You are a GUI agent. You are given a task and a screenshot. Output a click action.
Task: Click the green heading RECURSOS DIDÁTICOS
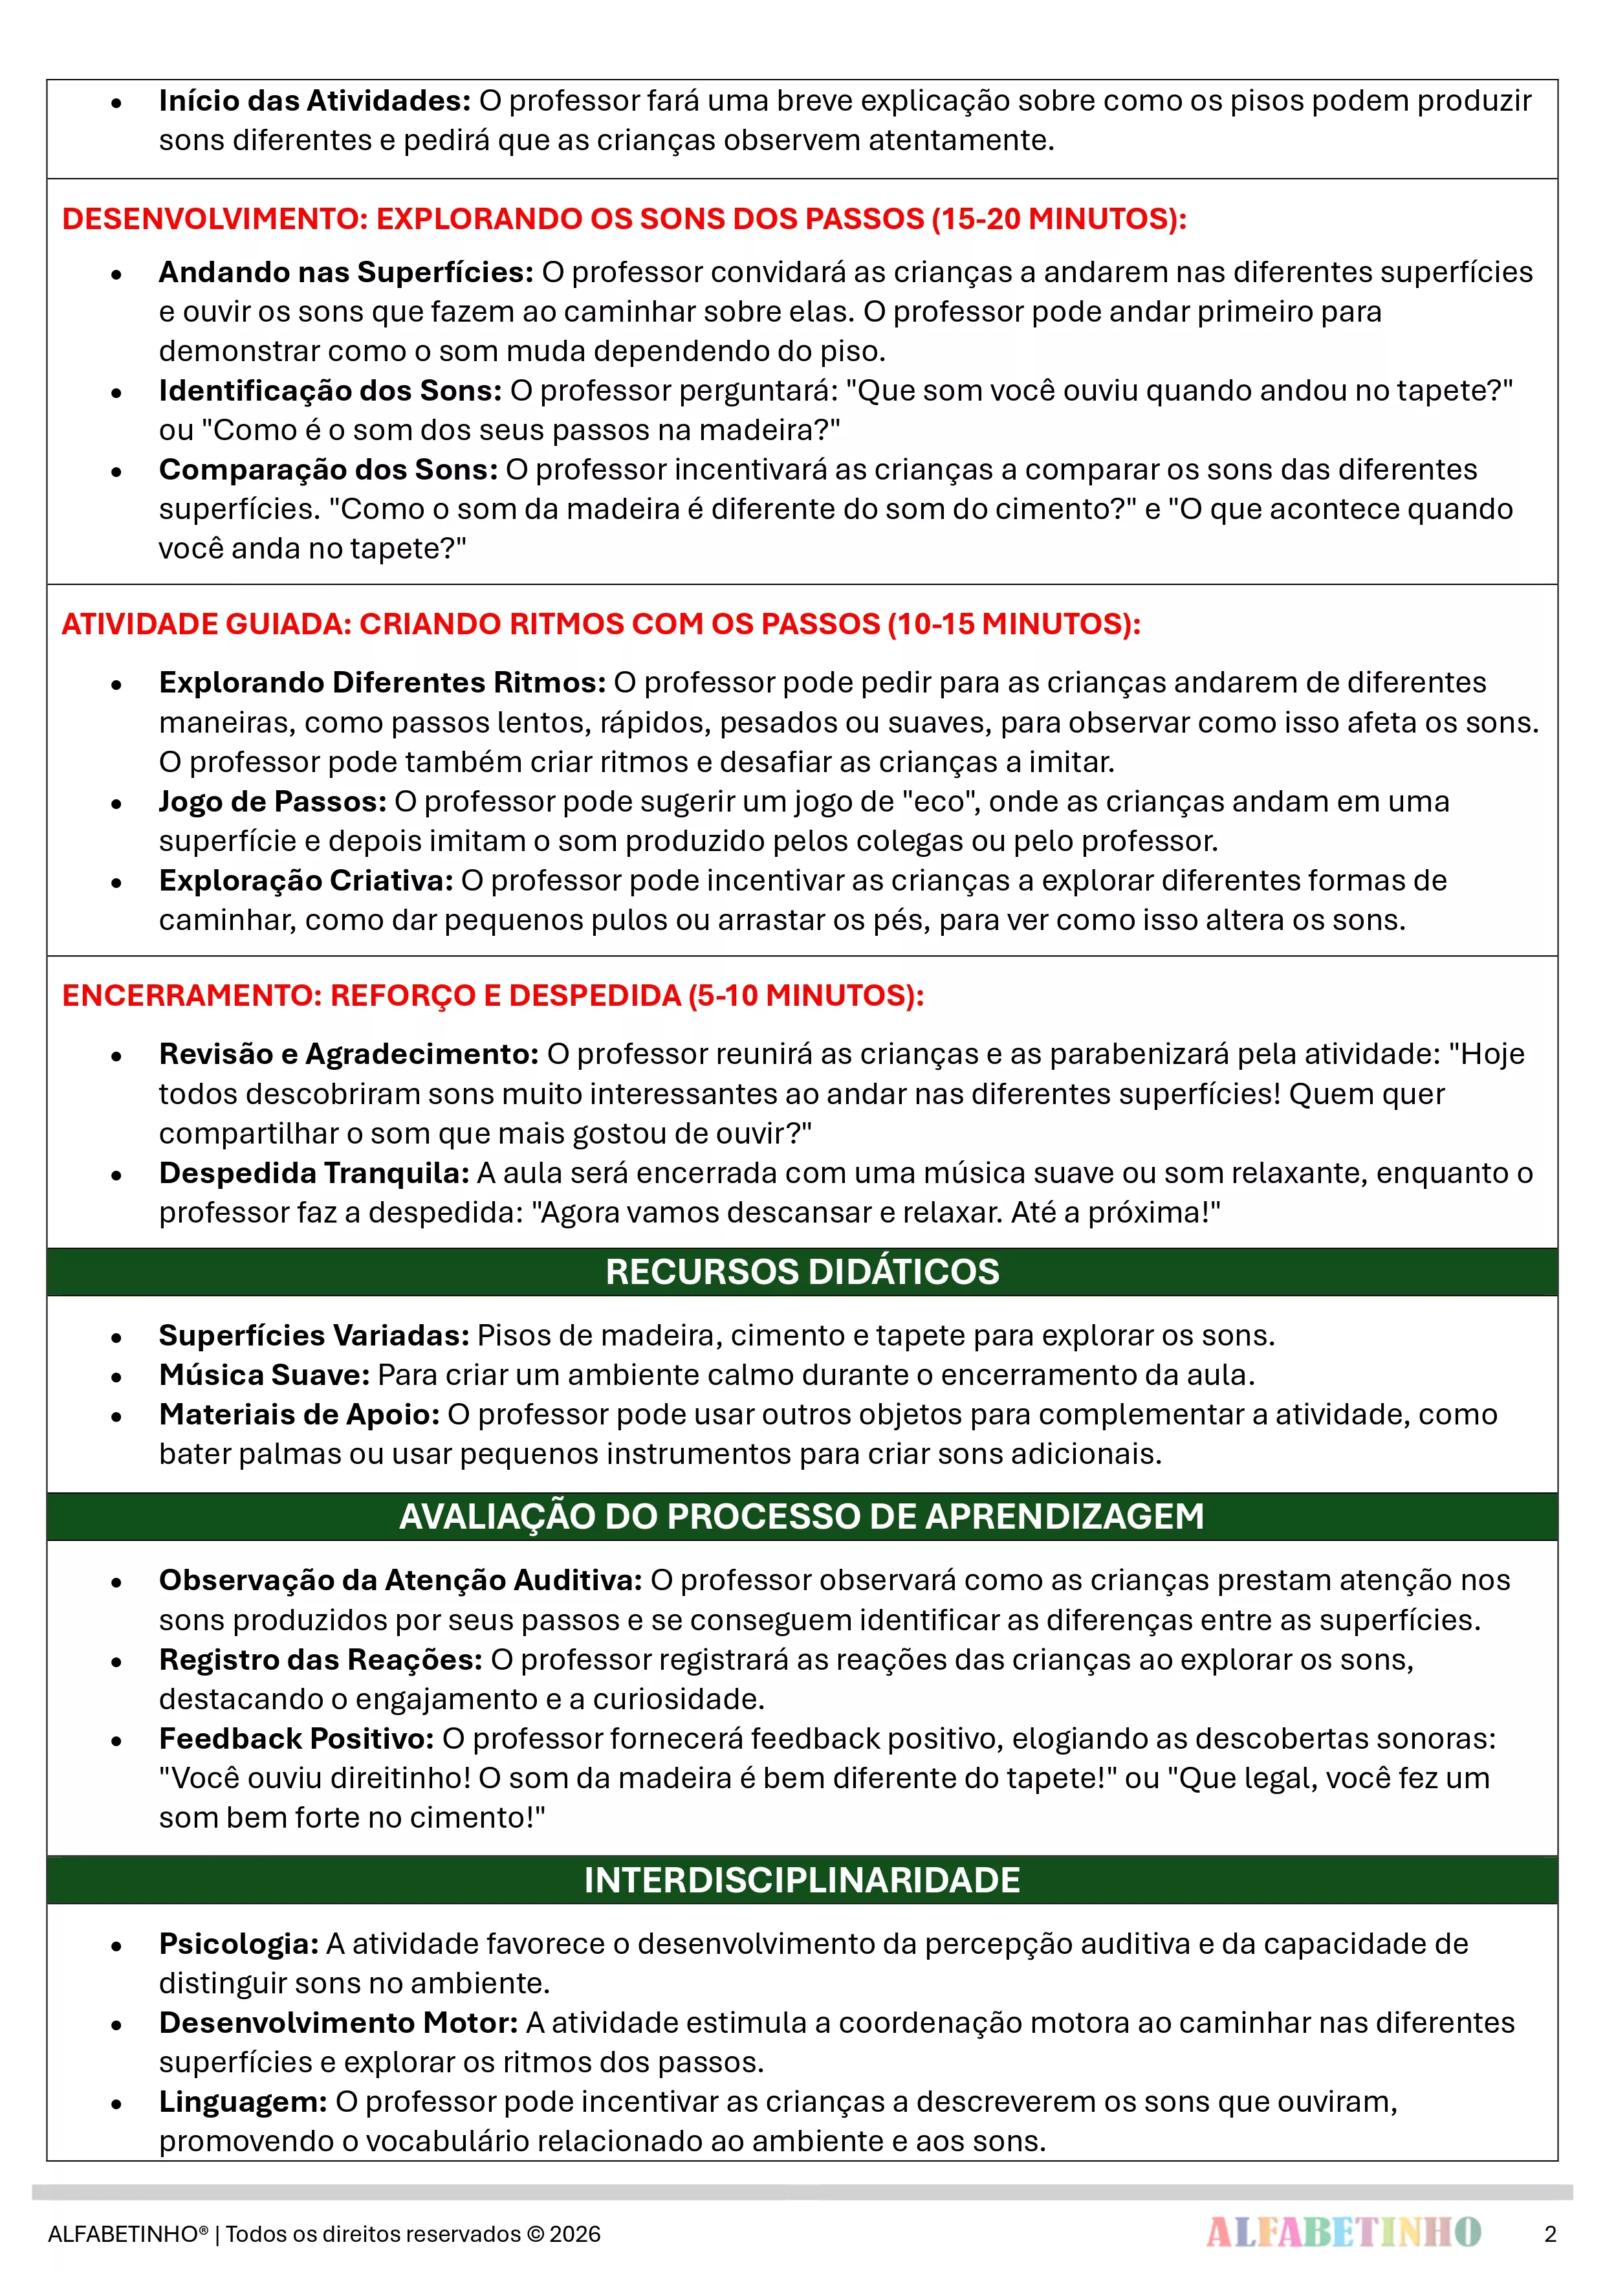[802, 1272]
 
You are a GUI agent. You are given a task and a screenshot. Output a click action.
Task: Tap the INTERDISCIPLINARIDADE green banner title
[802, 1880]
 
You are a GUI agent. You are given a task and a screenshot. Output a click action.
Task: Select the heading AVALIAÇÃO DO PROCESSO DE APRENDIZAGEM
[802, 1516]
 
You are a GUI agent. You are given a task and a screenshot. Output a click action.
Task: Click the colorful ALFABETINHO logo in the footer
[1343, 2232]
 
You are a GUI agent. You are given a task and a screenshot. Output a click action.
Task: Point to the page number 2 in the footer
[1549, 2233]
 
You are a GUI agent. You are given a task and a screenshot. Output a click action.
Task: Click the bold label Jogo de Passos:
[272, 801]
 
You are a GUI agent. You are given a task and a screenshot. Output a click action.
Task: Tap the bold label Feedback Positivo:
[296, 1739]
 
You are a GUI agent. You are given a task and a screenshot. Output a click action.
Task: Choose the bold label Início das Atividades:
[314, 101]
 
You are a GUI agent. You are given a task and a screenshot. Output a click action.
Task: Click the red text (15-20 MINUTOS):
[1058, 219]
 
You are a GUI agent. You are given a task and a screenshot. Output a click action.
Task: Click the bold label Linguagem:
[243, 2102]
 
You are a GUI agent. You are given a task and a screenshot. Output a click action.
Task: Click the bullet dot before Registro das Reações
[116, 1662]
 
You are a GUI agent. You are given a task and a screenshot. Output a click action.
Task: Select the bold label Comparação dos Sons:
[329, 470]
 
